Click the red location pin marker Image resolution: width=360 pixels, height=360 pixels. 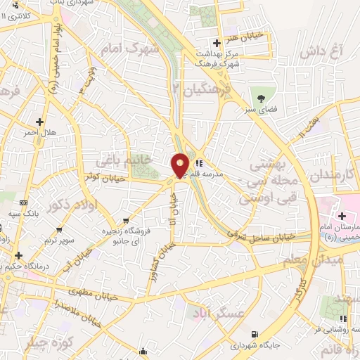tap(181, 167)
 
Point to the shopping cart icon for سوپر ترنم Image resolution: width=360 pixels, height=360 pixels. tap(60, 229)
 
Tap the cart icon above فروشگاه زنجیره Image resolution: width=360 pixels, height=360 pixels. tap(125, 219)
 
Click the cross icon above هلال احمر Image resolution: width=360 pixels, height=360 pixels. tap(40, 121)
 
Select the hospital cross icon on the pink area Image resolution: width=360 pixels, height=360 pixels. tap(342, 215)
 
